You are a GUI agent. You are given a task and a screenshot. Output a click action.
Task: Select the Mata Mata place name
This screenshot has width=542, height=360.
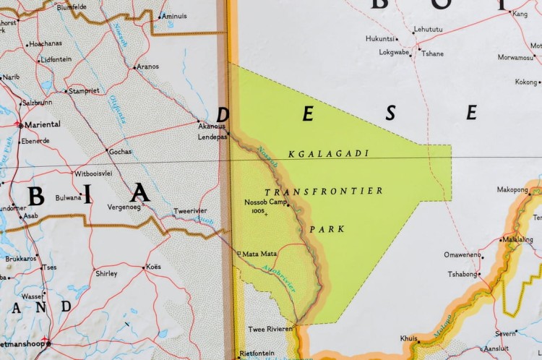tap(260, 254)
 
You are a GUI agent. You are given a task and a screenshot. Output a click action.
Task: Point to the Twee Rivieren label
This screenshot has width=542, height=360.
tap(271, 329)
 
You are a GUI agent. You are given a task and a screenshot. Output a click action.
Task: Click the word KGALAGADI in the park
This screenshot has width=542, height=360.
tap(328, 154)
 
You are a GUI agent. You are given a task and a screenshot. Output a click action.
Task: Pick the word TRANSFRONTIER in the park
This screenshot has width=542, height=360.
tap(323, 192)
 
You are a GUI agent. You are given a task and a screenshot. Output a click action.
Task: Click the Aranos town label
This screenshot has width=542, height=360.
tap(150, 66)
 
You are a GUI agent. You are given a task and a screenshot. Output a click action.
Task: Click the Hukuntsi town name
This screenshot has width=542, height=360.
tap(380, 38)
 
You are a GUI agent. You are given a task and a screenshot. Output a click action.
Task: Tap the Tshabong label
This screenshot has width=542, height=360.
tap(463, 274)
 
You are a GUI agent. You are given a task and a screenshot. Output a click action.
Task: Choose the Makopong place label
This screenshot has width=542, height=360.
tap(512, 189)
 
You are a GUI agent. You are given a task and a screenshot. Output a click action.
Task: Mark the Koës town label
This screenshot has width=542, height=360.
tap(153, 267)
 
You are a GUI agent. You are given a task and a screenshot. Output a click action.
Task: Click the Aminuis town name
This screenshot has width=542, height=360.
tap(173, 16)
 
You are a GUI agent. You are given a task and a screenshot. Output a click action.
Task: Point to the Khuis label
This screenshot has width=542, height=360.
tap(409, 338)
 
